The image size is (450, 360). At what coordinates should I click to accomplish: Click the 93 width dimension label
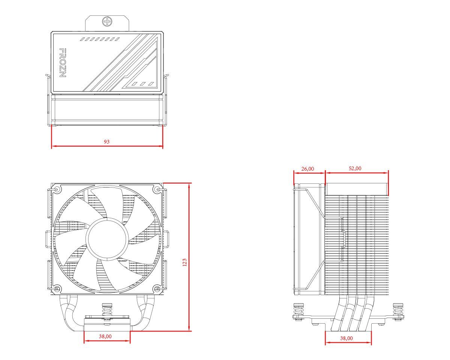click(107, 142)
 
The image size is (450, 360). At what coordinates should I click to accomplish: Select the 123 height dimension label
click(184, 262)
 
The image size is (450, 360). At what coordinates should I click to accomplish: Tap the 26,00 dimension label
click(307, 169)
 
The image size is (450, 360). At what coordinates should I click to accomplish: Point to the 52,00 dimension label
click(355, 168)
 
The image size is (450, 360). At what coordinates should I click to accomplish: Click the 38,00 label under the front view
click(105, 336)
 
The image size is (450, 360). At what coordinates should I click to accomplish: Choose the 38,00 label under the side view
click(346, 338)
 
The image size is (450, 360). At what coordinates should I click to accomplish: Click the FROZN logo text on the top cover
click(63, 63)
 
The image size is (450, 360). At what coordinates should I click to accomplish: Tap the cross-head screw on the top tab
click(107, 21)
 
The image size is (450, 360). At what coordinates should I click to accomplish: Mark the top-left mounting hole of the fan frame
click(57, 189)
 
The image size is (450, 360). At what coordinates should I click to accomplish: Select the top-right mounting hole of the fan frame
click(157, 189)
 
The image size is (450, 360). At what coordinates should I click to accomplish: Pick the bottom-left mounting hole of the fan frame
click(57, 289)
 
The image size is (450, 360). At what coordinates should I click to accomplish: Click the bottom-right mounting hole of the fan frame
click(157, 289)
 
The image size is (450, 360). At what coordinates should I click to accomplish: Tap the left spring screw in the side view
click(298, 311)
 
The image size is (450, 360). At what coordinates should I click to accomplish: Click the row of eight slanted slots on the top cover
click(100, 39)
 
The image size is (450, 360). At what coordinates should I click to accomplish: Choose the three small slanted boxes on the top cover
click(143, 84)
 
